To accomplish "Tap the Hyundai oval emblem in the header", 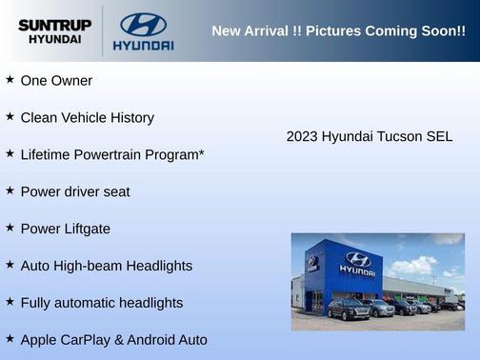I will coord(143,25).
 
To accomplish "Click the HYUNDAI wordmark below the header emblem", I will coord(143,45).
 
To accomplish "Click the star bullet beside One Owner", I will coord(10,80).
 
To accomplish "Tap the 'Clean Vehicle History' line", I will coord(87,118).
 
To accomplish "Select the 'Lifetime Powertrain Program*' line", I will coord(112,154).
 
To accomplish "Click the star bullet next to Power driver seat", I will coord(10,190).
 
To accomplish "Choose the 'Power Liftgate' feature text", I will coord(65,229).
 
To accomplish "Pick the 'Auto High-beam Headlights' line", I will coord(106,266).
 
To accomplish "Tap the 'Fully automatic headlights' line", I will coord(101,303).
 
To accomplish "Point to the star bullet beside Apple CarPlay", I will coord(10,339).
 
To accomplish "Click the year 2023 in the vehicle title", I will coord(302,137).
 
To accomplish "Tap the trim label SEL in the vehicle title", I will coord(440,137).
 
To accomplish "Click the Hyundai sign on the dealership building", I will coord(357,262).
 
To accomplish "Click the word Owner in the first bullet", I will coord(71,81).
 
